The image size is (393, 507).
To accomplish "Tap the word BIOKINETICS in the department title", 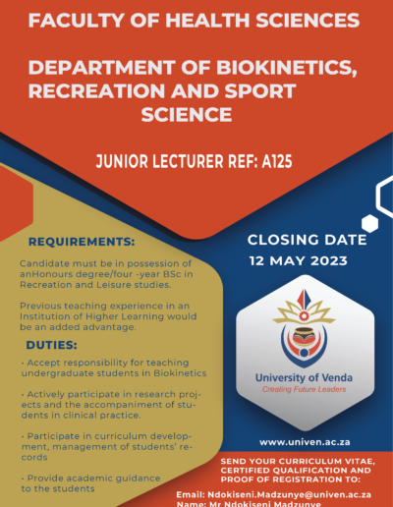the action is (x=287, y=68).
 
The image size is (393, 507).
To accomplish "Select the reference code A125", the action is (x=277, y=161).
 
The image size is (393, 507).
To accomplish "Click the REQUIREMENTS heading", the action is (x=82, y=242).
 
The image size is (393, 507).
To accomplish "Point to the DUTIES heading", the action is (x=52, y=345).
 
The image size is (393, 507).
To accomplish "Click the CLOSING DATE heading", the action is (x=308, y=240).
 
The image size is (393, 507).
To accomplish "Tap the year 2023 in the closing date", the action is (x=329, y=261).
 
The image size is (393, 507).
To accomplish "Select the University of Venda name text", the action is (x=304, y=377).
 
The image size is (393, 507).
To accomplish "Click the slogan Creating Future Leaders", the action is (x=305, y=389).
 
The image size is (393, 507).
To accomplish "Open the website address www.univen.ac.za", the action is (x=305, y=442).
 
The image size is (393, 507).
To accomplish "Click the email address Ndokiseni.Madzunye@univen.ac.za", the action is (x=289, y=494).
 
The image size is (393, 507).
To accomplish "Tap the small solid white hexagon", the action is (x=370, y=223).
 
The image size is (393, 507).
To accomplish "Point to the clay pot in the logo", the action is (x=304, y=337).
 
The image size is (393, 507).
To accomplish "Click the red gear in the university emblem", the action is (x=305, y=315).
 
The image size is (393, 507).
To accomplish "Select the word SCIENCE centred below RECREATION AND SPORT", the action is (x=187, y=115).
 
